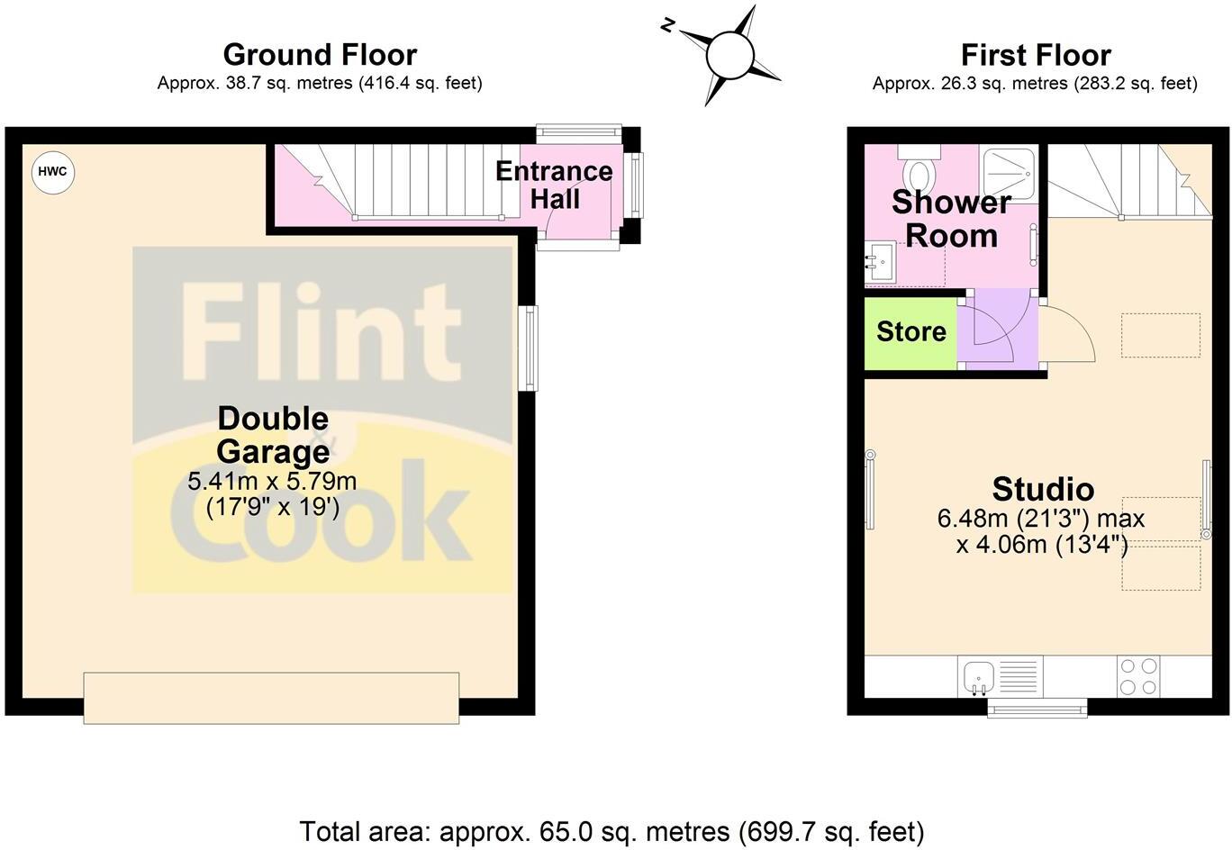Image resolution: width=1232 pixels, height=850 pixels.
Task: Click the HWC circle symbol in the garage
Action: tap(53, 172)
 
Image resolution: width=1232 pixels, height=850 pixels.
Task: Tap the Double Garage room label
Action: tap(273, 434)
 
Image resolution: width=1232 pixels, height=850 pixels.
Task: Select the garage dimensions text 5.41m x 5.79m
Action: tap(272, 482)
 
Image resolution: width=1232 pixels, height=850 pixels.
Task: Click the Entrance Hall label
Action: tap(554, 185)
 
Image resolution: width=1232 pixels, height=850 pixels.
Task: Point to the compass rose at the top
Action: tap(729, 56)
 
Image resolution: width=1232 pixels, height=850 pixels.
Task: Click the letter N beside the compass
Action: tap(668, 26)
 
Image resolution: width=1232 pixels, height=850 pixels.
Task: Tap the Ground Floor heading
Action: tap(320, 55)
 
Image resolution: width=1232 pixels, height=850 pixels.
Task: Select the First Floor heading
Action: tap(1036, 55)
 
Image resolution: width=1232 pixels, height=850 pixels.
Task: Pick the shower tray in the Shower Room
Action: tap(1009, 170)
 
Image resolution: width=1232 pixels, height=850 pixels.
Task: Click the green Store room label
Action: tap(910, 331)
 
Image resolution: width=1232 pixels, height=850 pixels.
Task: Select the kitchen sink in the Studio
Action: tap(979, 675)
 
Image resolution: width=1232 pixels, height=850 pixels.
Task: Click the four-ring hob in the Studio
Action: tap(1138, 676)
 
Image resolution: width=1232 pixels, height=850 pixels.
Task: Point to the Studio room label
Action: tap(1043, 489)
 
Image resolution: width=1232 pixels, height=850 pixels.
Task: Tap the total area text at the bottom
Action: tap(611, 830)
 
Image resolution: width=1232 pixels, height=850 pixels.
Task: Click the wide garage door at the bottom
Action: tap(271, 697)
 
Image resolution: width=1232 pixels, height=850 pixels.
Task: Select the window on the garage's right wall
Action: tap(529, 348)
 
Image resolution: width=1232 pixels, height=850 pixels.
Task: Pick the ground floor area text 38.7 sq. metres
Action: tap(320, 84)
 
